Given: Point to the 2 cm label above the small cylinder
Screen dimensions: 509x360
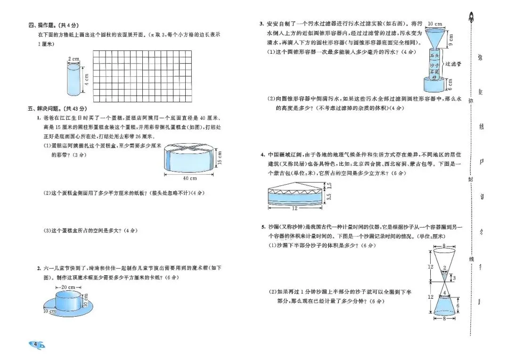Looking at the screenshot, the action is (73, 59).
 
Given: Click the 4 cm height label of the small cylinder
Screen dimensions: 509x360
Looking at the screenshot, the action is (86, 79).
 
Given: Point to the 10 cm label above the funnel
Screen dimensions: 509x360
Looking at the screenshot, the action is (435, 24).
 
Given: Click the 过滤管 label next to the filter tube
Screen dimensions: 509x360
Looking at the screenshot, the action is (453, 63).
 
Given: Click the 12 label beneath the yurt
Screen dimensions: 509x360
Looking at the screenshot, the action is (295, 208).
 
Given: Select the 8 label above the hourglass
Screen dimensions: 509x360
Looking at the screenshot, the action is (444, 245).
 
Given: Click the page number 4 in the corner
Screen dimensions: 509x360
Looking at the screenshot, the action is (36, 344).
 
